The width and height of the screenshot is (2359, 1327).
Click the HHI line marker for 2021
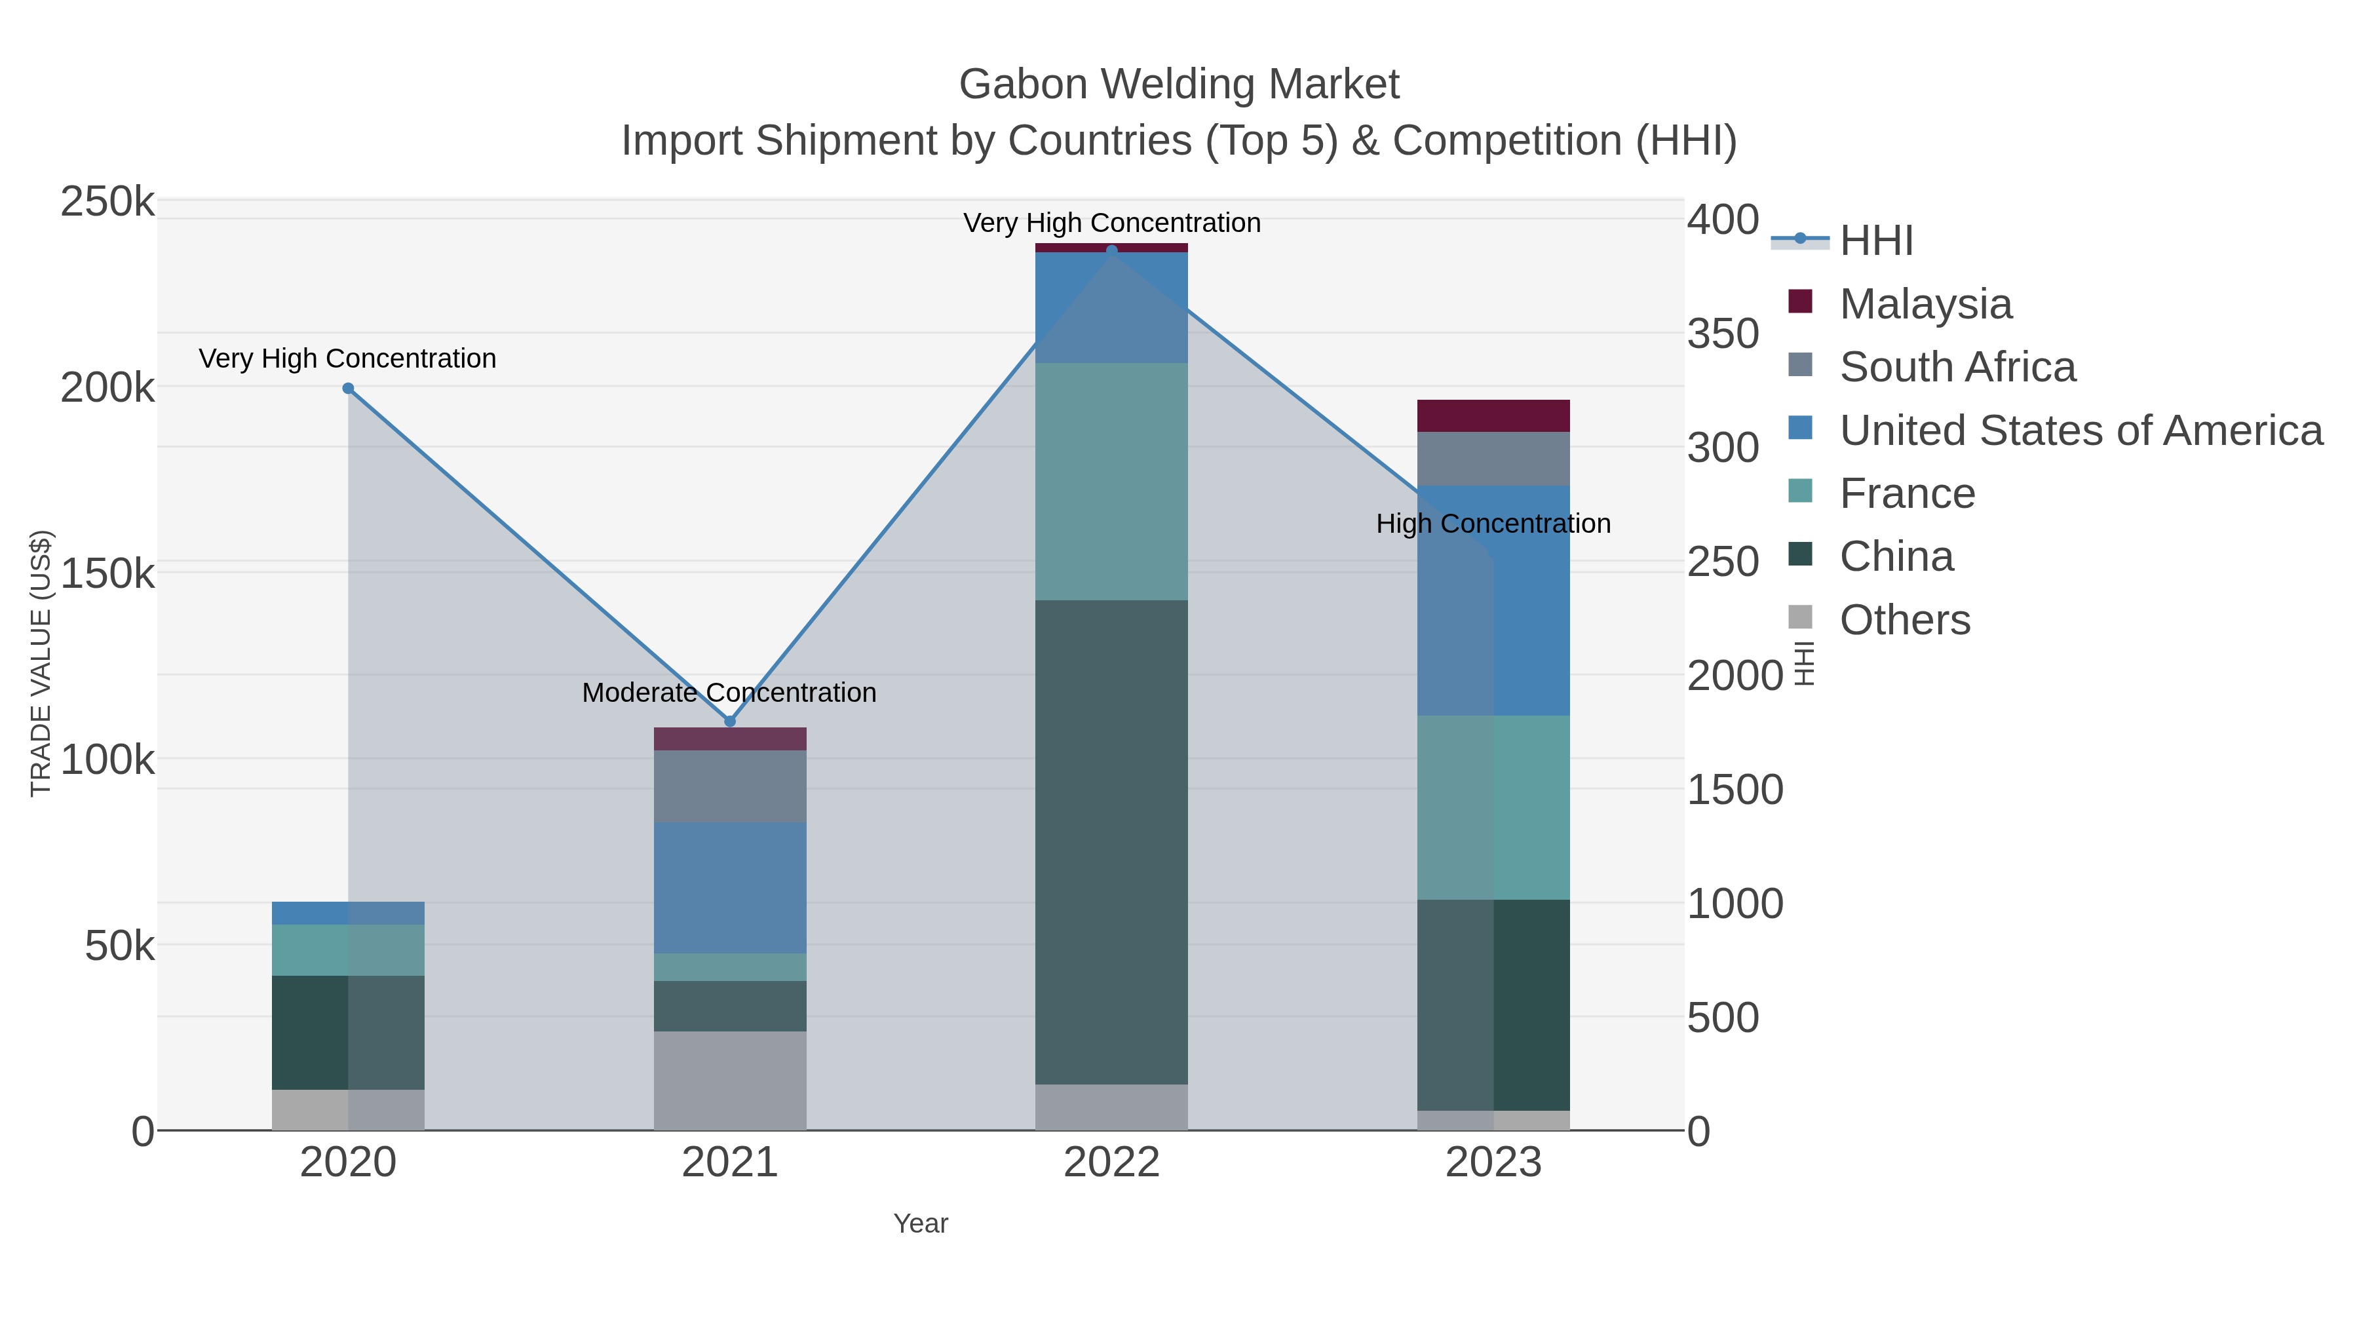coord(730,721)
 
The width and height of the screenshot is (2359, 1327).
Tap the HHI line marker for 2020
coord(348,389)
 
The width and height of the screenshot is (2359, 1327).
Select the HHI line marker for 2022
coord(1112,250)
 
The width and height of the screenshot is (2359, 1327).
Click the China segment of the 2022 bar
coord(1112,843)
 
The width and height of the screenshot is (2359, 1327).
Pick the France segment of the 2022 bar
coord(1112,482)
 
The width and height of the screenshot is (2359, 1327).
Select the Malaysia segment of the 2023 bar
coord(1493,415)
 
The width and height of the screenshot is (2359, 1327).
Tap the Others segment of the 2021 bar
coord(730,1081)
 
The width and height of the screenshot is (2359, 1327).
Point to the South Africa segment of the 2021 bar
coord(730,786)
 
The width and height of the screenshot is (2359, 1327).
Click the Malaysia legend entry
coord(1925,304)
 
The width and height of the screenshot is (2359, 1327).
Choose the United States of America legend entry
coord(2081,431)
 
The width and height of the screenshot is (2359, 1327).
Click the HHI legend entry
coord(1875,241)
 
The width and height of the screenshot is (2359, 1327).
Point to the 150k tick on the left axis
coord(107,574)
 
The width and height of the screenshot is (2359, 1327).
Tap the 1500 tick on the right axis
coord(1735,790)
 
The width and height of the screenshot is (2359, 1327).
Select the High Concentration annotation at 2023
coord(1493,524)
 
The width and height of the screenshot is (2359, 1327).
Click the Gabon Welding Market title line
coord(1179,85)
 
